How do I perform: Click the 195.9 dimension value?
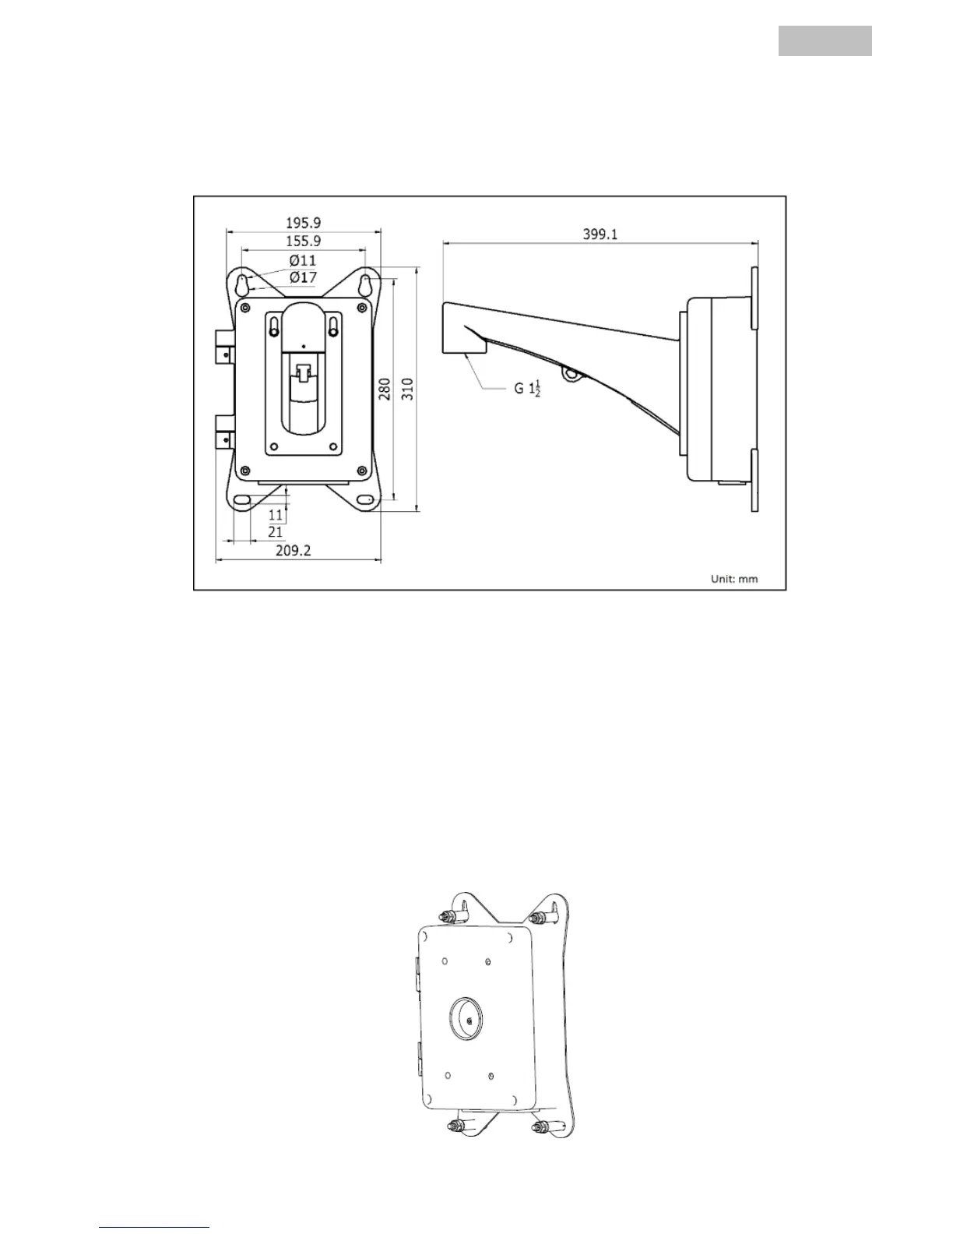(x=303, y=222)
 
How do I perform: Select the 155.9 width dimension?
(x=303, y=242)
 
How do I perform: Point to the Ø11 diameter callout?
(x=303, y=260)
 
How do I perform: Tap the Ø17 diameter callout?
(x=303, y=277)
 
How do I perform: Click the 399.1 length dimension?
(x=600, y=234)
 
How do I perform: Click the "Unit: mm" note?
(x=733, y=579)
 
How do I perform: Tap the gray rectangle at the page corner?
(x=825, y=41)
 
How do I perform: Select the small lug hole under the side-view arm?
(x=575, y=374)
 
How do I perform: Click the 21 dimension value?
(x=275, y=532)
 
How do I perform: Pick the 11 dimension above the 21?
(x=276, y=515)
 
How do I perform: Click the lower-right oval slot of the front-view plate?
(x=363, y=499)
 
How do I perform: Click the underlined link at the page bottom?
(x=154, y=1228)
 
